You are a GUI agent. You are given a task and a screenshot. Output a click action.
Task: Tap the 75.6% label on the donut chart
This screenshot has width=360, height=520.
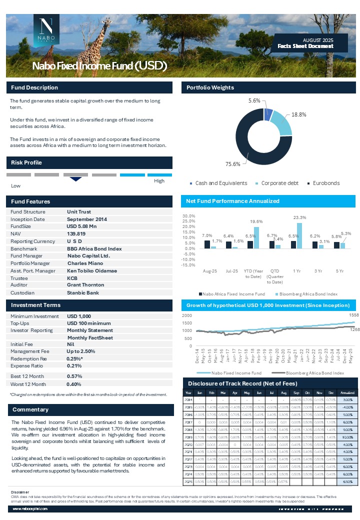pos(233,163)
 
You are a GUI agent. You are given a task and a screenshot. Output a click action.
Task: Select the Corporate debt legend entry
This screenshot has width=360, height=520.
pos(279,183)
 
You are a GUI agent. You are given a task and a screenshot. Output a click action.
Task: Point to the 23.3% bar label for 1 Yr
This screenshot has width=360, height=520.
pos(299,217)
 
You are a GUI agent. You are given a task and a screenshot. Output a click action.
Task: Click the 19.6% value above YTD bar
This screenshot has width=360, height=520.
pos(256,221)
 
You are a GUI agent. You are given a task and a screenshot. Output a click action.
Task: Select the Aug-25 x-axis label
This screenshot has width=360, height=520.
pos(210,270)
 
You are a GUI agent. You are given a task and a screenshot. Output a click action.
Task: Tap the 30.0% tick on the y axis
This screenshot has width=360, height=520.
pos(189,215)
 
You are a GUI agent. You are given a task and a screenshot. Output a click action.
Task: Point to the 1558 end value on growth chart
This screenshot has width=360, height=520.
pos(354,316)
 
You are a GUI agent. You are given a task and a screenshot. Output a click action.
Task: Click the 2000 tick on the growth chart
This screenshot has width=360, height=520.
pos(186,316)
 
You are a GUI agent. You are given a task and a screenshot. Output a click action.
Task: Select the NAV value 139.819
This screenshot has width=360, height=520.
pos(76,234)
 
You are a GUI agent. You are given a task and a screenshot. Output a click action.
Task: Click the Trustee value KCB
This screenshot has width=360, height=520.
pos(72,278)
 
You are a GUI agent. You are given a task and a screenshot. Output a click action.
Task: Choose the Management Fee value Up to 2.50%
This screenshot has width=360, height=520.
pos(81,351)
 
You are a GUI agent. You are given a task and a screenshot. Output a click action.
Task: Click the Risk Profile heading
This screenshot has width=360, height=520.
pos(26,162)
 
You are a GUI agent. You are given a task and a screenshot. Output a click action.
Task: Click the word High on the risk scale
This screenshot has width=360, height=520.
pos(159,181)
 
